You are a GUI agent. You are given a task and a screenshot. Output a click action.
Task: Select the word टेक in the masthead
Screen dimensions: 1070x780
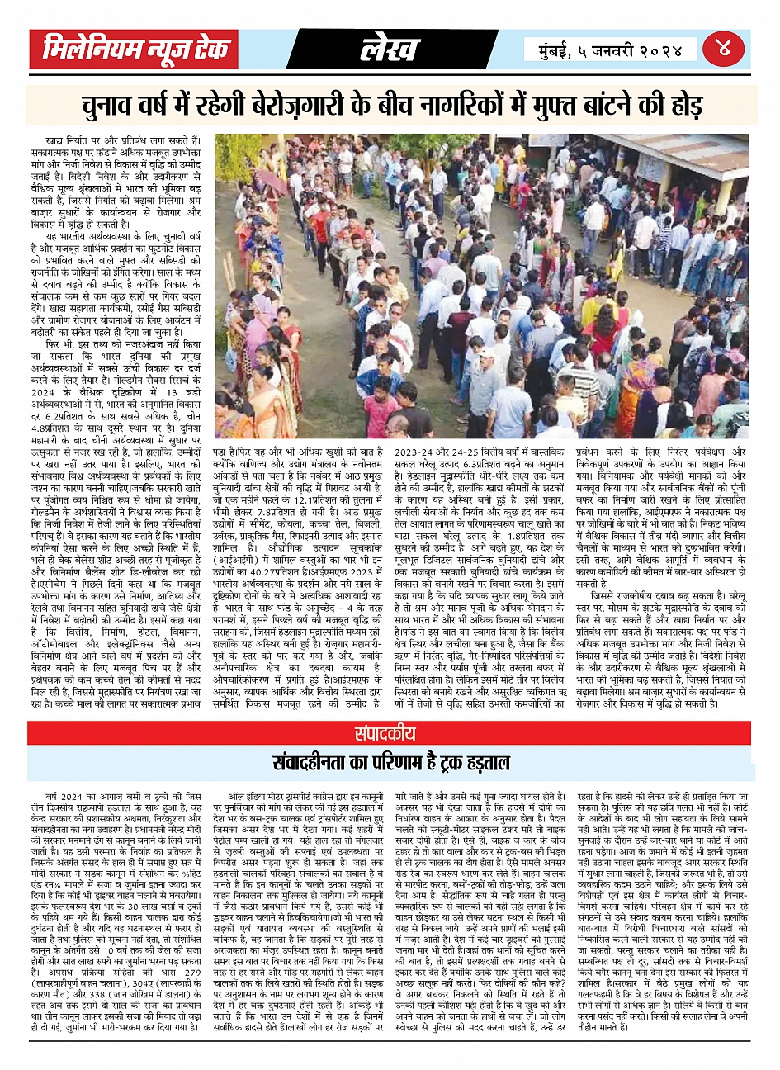pyautogui.click(x=210, y=50)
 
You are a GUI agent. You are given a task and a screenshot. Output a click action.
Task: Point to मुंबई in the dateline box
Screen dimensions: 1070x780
pyautogui.click(x=560, y=50)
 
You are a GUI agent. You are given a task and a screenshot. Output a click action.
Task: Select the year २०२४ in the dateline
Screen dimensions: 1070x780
pyautogui.click(x=661, y=50)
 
